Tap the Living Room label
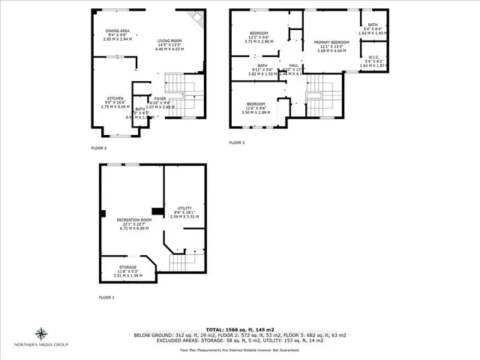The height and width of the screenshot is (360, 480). pyautogui.click(x=169, y=41)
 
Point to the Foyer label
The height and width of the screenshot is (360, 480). pyautogui.click(x=160, y=98)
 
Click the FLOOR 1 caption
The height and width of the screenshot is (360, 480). pyautogui.click(x=107, y=298)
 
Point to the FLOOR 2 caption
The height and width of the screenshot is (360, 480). pyautogui.click(x=100, y=148)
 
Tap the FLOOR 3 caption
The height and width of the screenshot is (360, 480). pyautogui.click(x=237, y=142)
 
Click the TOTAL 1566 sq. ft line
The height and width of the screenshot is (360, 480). pyautogui.click(x=240, y=329)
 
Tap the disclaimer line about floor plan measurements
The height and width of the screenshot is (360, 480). pyautogui.click(x=240, y=349)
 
